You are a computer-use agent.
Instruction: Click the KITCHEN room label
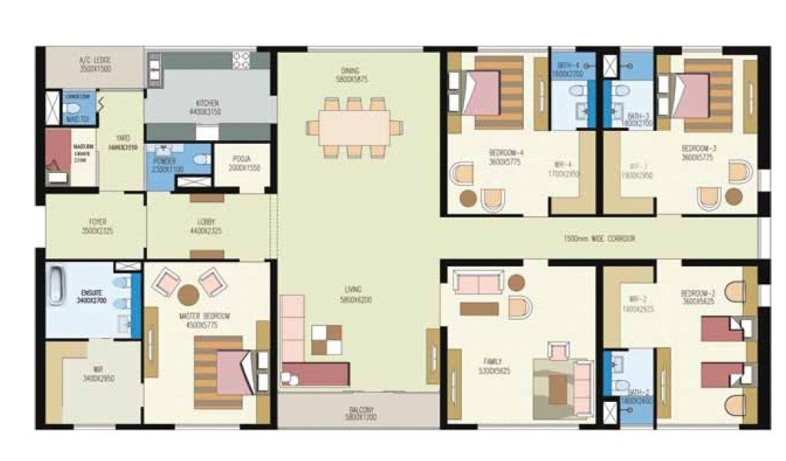[207, 103]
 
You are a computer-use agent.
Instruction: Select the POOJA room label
[244, 161]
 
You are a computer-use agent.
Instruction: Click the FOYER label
[97, 222]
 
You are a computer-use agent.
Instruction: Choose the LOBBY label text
[206, 222]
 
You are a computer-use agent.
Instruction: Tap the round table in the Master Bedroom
[188, 294]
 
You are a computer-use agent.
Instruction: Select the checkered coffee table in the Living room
[327, 339]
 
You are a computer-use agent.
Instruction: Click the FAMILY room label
[492, 361]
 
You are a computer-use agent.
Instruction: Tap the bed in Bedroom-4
[481, 92]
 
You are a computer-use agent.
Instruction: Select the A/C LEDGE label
[93, 59]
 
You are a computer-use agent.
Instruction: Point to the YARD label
[122, 141]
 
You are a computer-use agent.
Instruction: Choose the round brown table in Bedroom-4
[468, 198]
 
